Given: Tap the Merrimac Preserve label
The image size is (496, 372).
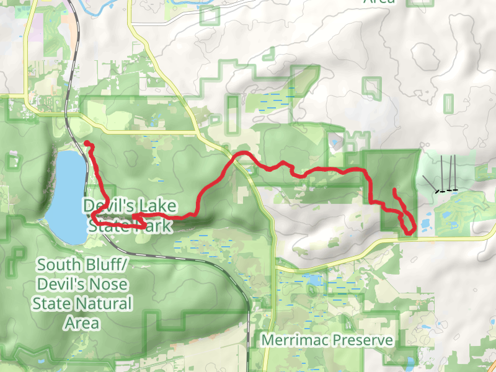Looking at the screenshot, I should (327, 340).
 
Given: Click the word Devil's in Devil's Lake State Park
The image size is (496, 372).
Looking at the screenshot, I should (104, 205).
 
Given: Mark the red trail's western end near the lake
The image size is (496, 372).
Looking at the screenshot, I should (86, 144).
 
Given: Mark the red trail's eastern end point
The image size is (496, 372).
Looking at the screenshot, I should (394, 189).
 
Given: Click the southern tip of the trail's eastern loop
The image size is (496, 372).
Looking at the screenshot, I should (409, 233).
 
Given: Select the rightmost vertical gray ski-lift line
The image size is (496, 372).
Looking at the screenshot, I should (456, 172).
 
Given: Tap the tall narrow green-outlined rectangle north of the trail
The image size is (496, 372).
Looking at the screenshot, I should (232, 114).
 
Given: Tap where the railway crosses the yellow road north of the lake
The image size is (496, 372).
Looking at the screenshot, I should (81, 114).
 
